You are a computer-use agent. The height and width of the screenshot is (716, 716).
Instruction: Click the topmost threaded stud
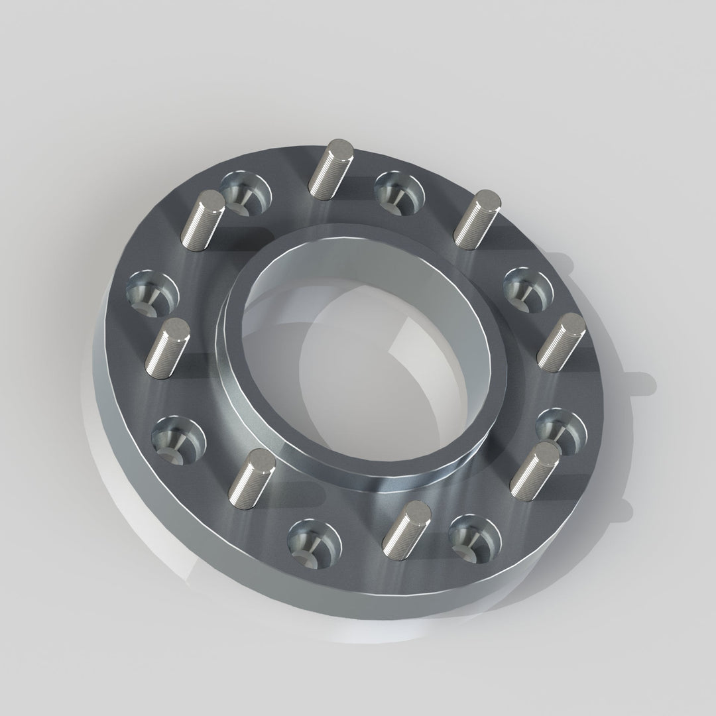(x=331, y=170)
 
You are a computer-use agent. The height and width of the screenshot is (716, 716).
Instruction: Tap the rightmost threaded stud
(x=561, y=342)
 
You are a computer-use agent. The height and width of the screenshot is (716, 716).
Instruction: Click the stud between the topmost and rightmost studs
(x=476, y=219)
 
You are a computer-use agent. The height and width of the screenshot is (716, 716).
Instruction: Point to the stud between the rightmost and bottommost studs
(x=536, y=470)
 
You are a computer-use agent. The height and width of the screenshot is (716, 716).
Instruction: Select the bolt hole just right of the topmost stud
(x=398, y=192)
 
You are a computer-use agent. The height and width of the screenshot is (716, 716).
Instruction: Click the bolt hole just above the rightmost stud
(x=528, y=289)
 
